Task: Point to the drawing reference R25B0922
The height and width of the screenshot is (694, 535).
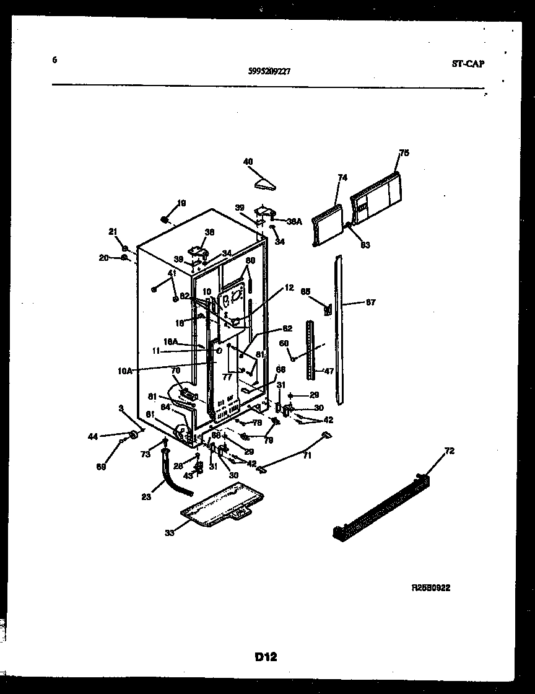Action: [431, 588]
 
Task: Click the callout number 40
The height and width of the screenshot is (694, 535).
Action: [248, 162]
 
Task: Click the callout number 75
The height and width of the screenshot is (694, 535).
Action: [404, 152]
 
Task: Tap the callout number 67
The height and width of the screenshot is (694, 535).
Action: [370, 303]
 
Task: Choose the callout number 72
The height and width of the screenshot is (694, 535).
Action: [449, 451]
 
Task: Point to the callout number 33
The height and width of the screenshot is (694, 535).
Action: [169, 532]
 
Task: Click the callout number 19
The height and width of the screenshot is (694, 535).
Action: [181, 203]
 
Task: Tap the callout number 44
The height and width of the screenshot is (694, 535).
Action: [93, 437]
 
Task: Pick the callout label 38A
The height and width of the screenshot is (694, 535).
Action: [294, 221]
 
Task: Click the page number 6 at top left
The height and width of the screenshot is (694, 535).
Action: [54, 60]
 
